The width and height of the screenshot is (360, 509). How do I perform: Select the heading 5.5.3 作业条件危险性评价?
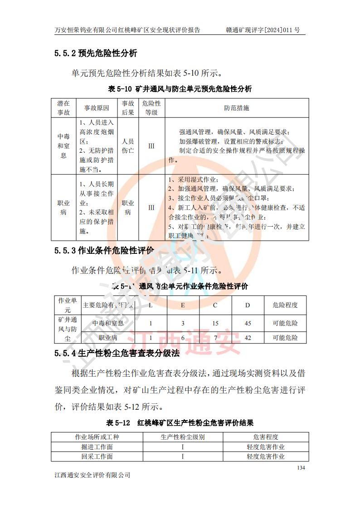click(104, 250)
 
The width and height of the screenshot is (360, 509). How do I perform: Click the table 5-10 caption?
click(180, 89)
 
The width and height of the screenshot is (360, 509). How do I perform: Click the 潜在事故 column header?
click(63, 108)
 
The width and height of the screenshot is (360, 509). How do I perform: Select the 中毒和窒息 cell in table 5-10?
click(63, 146)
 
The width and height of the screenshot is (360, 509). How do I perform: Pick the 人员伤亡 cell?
click(128, 146)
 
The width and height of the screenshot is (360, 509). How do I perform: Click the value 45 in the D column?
click(248, 323)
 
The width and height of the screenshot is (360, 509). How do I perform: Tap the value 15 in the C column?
click(215, 323)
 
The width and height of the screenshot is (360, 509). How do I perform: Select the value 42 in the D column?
click(248, 338)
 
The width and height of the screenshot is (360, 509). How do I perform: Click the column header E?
click(183, 305)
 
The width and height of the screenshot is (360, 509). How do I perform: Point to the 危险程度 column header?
click(285, 305)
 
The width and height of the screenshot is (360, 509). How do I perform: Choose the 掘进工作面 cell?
click(97, 447)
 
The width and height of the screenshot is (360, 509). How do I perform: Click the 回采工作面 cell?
click(97, 456)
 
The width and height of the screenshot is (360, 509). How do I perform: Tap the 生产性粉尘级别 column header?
click(183, 437)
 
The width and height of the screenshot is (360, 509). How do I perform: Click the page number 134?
click(301, 468)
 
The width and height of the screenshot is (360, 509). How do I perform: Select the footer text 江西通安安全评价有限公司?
click(92, 475)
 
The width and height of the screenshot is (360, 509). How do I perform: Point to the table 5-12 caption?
click(180, 422)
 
